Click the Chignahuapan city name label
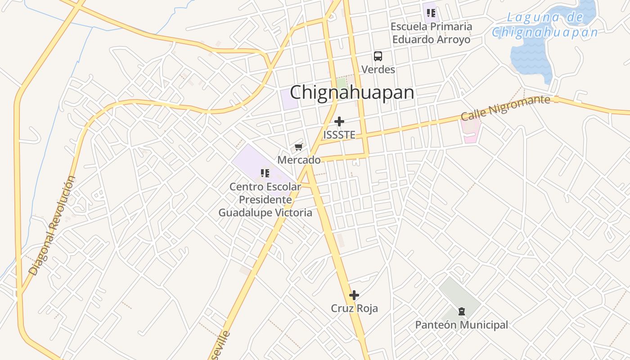pyautogui.click(x=351, y=93)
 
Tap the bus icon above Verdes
pyautogui.click(x=378, y=56)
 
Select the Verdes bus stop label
pyautogui.click(x=378, y=69)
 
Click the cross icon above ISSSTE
pyautogui.click(x=339, y=121)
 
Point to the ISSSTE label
pyautogui.click(x=339, y=135)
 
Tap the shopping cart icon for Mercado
pyautogui.click(x=298, y=147)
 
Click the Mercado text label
pyautogui.click(x=299, y=160)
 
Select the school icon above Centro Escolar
pyautogui.click(x=265, y=173)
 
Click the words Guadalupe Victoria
pyautogui.click(x=265, y=212)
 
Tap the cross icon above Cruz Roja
pyautogui.click(x=354, y=295)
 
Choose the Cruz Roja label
pyautogui.click(x=354, y=308)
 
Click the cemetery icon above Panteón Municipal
pyautogui.click(x=461, y=311)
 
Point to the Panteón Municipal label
pyautogui.click(x=461, y=324)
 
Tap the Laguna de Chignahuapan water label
pyautogui.click(x=545, y=25)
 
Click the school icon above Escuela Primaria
pyautogui.click(x=431, y=13)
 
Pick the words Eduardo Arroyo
pyautogui.click(x=431, y=39)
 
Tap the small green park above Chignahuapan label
pyautogui.click(x=342, y=83)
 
